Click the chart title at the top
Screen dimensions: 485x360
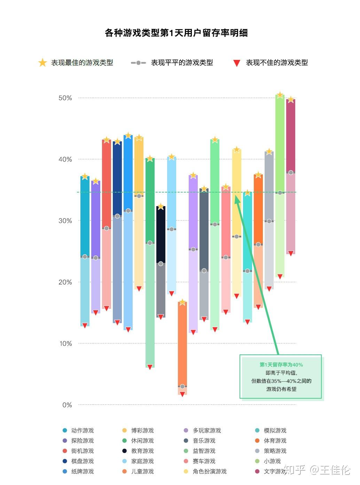(x=176, y=33)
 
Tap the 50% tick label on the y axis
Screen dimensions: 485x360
(x=65, y=98)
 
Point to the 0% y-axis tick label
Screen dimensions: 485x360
(x=67, y=405)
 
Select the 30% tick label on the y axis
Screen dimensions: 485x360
(x=65, y=221)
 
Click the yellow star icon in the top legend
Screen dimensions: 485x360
(x=42, y=63)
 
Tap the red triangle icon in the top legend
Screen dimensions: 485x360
(x=237, y=63)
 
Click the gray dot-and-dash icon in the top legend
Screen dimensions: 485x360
(x=138, y=63)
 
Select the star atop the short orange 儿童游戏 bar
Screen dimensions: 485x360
(x=182, y=302)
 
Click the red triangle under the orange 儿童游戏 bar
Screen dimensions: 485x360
(x=182, y=394)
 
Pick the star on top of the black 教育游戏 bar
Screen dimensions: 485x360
(x=161, y=206)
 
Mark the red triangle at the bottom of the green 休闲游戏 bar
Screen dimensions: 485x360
(x=150, y=367)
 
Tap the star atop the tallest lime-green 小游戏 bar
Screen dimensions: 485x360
(x=280, y=95)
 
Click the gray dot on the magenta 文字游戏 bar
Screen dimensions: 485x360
(x=291, y=173)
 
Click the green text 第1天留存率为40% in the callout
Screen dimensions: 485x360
(x=281, y=365)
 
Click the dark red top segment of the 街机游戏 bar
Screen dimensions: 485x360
(x=107, y=185)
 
